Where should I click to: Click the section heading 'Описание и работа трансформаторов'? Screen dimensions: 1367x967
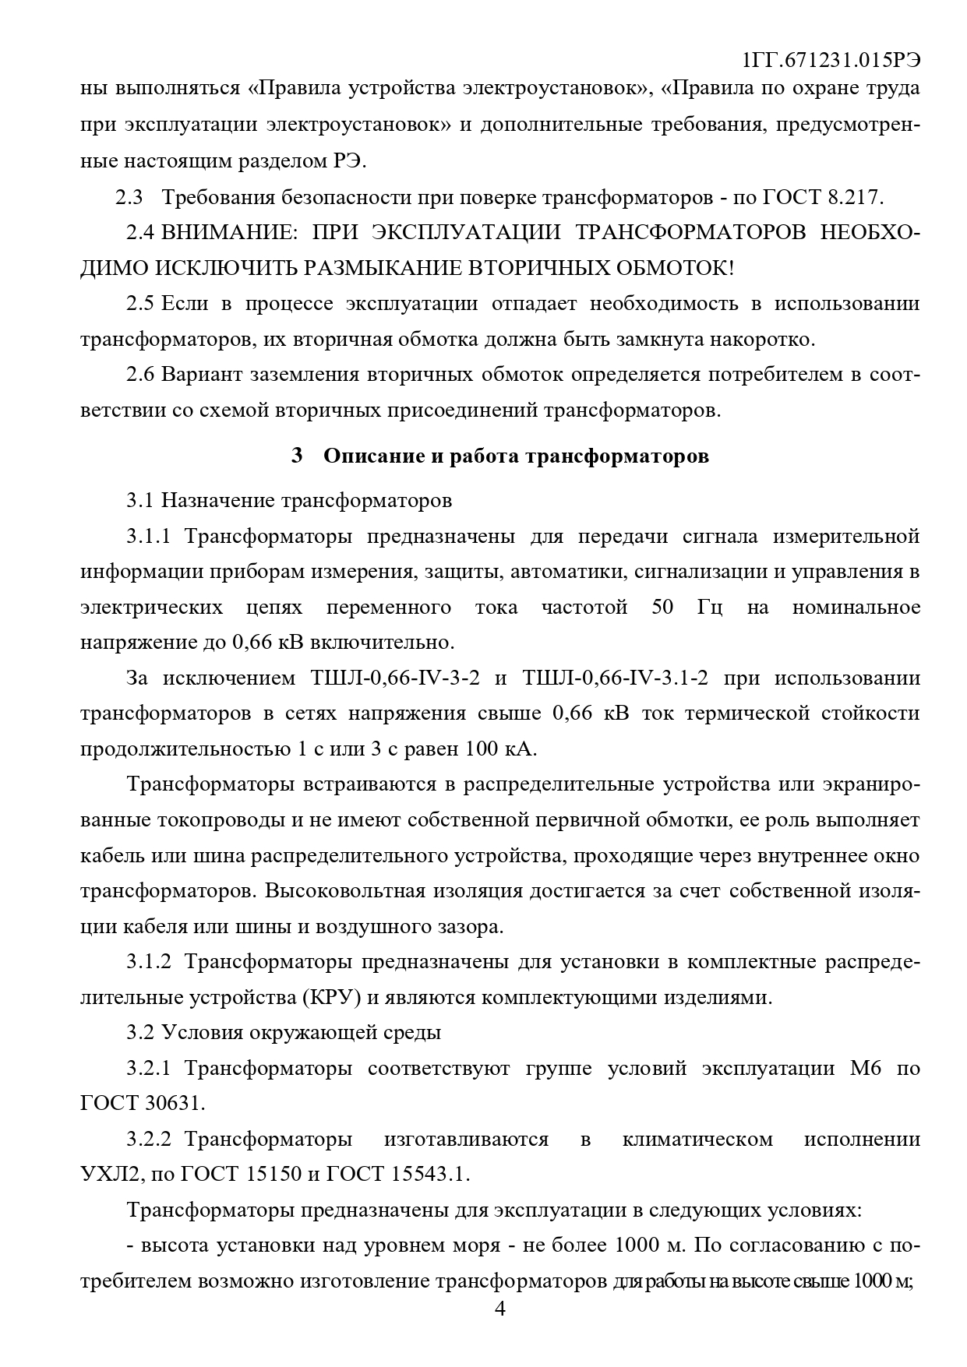pos(515,456)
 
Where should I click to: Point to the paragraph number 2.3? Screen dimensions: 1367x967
pos(129,197)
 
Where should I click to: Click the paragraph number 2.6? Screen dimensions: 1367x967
pos(141,375)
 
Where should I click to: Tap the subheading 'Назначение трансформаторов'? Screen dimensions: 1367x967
pos(306,500)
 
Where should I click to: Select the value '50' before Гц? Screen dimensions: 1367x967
pos(662,607)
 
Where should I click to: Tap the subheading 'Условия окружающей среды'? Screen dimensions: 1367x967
pos(301,1033)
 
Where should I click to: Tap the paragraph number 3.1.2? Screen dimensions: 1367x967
pos(148,962)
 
